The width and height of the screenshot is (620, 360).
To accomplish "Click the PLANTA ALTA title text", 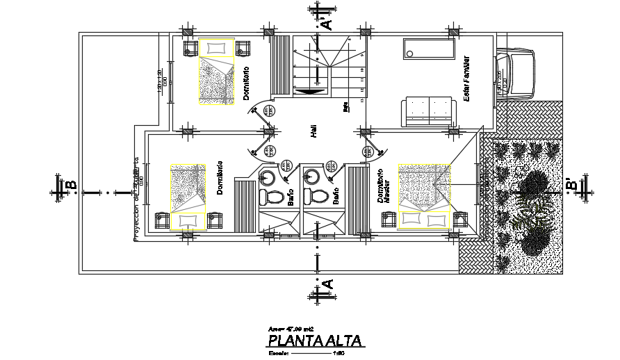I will [x=314, y=341].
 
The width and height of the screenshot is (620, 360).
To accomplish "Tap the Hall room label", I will [x=315, y=134].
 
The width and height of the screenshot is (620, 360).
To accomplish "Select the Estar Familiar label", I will [x=467, y=79].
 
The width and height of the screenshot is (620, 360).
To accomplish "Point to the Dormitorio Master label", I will [x=381, y=186].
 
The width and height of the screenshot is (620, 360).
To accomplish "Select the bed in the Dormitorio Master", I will [x=425, y=196].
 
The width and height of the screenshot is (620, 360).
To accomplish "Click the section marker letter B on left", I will [x=70, y=186].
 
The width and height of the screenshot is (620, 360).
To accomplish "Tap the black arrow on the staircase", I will [x=309, y=90].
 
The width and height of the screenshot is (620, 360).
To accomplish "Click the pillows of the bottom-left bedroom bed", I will [x=188, y=220].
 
